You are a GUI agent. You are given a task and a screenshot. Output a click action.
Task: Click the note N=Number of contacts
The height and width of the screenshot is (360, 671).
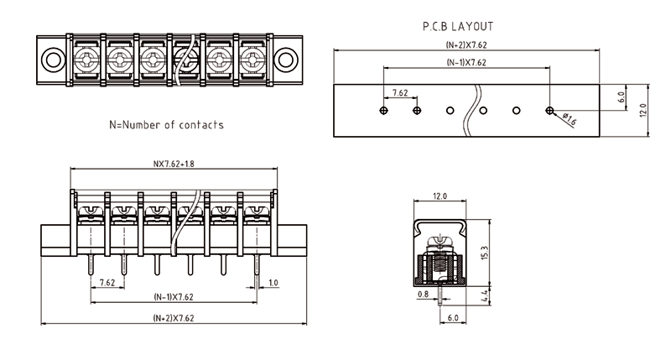click(167, 125)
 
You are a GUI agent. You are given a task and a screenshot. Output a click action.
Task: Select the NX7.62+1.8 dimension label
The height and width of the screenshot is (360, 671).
click(174, 164)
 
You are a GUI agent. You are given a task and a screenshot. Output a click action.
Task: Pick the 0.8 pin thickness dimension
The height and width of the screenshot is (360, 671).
click(422, 295)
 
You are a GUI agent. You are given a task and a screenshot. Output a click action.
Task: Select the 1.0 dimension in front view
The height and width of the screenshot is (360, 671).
click(273, 283)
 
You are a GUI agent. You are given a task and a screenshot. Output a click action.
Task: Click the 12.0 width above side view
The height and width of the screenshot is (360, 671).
click(440, 196)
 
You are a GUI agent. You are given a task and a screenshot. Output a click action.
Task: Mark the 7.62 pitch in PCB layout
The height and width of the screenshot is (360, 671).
click(399, 94)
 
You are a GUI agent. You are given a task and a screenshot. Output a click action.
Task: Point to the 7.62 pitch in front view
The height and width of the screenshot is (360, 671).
click(107, 283)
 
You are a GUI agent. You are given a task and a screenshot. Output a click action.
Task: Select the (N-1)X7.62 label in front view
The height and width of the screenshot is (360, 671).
click(174, 298)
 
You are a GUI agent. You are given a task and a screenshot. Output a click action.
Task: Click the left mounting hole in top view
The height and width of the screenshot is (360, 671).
click(54, 60)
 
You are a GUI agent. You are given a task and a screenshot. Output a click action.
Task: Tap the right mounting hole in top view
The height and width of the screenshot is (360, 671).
click(286, 60)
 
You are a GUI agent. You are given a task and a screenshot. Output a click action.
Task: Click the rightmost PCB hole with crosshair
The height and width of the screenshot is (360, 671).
click(549, 110)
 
